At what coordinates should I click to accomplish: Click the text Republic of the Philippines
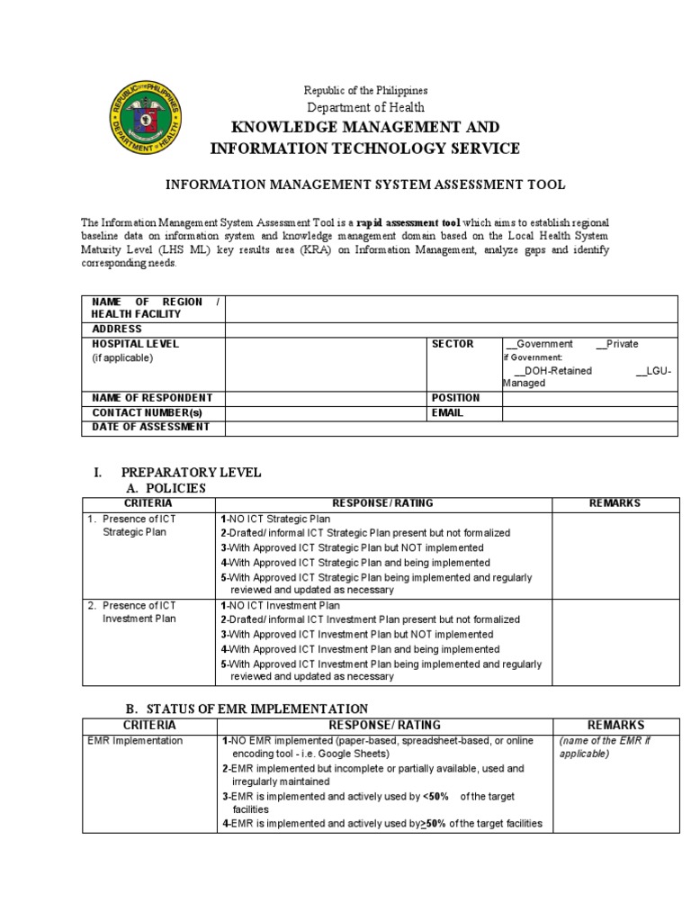365,90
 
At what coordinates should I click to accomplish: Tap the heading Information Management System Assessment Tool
365,185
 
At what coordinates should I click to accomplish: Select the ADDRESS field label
117,330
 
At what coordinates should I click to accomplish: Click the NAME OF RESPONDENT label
152,398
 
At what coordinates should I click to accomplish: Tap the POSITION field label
456,398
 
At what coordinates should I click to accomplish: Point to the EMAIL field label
447,412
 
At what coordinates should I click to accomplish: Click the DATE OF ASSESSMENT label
150,427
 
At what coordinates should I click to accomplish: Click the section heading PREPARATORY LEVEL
191,472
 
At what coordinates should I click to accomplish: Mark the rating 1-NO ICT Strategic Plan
275,520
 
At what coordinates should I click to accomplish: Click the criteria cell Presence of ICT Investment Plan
139,612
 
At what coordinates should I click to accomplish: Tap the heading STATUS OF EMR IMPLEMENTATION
245,709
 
